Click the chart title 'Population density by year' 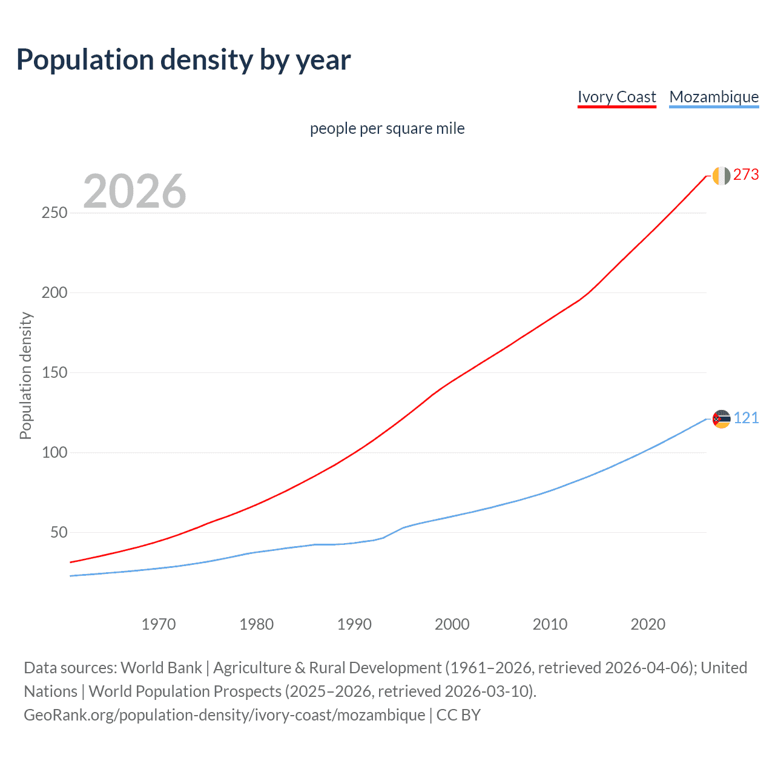pyautogui.click(x=183, y=59)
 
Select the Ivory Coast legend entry pyautogui.click(x=616, y=97)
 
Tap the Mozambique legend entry pyautogui.click(x=714, y=97)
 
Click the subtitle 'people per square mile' pyautogui.click(x=387, y=128)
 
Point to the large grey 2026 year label pyautogui.click(x=134, y=191)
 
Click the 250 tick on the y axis pyautogui.click(x=54, y=213)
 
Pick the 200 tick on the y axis pyautogui.click(x=54, y=293)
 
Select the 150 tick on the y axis pyautogui.click(x=54, y=373)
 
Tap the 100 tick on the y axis pyautogui.click(x=54, y=453)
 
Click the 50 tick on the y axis pyautogui.click(x=59, y=533)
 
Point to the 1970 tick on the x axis pyautogui.click(x=159, y=624)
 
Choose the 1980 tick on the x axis pyautogui.click(x=257, y=624)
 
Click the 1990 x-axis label pyautogui.click(x=354, y=624)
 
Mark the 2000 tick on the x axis pyautogui.click(x=452, y=624)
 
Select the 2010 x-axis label pyautogui.click(x=550, y=624)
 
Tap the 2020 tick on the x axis pyautogui.click(x=648, y=624)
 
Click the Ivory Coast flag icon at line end pyautogui.click(x=721, y=176)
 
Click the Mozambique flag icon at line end pyautogui.click(x=721, y=419)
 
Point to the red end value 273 pyautogui.click(x=746, y=175)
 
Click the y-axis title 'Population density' pyautogui.click(x=25, y=375)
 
